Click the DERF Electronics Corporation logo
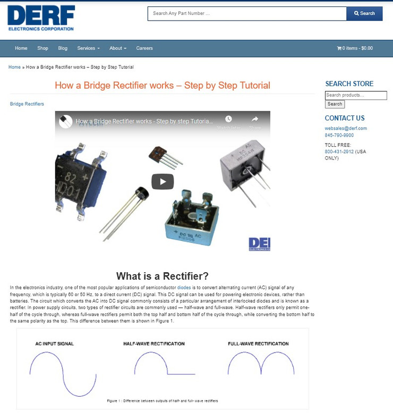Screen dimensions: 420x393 tap(41, 18)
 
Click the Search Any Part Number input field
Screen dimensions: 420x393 tap(247, 13)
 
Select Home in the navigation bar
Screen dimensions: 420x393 tap(21, 48)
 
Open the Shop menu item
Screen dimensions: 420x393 tap(42, 48)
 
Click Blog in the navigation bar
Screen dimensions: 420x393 tap(63, 48)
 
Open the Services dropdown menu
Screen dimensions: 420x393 tap(88, 48)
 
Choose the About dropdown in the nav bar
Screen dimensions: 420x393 tap(118, 48)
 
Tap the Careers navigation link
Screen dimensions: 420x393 tap(144, 48)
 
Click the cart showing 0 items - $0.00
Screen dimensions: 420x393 tap(355, 48)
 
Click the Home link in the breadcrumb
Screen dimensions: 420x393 tap(14, 67)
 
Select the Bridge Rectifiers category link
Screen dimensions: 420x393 tap(27, 104)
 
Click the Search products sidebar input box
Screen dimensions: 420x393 tap(356, 95)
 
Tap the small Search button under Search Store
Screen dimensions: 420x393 tap(335, 104)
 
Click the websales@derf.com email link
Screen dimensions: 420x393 tap(346, 128)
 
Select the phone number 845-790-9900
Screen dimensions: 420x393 tap(339, 135)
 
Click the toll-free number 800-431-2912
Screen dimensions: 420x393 tap(339, 152)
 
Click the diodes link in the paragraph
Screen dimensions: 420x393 tap(184, 288)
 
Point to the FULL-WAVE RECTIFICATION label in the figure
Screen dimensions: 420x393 tap(258, 343)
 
